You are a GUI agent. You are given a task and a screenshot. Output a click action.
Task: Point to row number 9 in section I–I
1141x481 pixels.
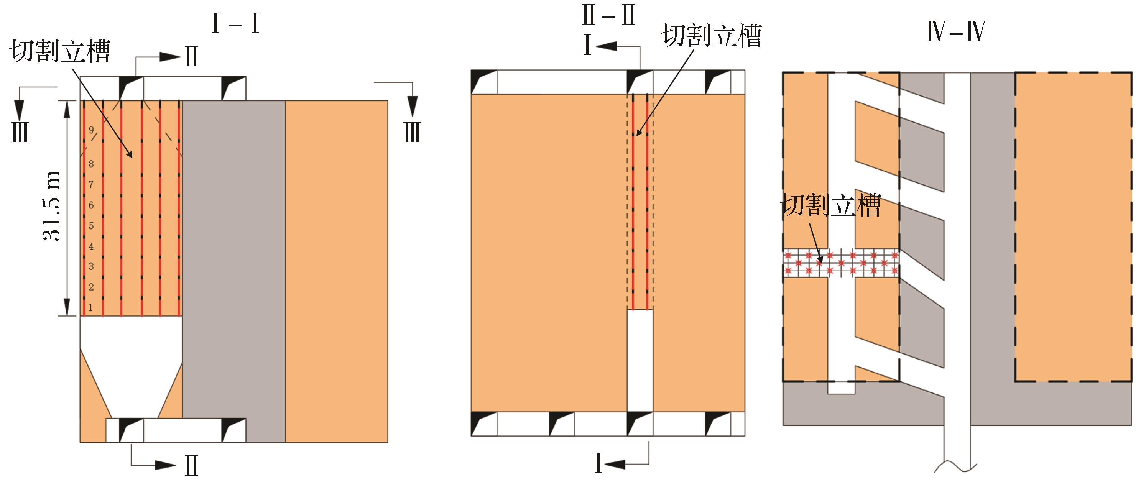91,130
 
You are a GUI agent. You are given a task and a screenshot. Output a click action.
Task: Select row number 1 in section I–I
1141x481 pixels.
91,307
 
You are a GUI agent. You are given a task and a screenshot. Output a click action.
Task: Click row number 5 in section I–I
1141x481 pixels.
91,225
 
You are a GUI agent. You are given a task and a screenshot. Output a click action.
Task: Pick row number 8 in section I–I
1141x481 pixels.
91,164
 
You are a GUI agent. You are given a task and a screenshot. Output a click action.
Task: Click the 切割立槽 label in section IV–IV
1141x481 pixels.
830,205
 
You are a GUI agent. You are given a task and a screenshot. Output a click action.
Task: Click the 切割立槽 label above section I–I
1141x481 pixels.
60,52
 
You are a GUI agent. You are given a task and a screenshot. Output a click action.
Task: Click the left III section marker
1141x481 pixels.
20,132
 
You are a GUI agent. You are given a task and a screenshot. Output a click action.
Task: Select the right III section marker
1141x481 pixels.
412,132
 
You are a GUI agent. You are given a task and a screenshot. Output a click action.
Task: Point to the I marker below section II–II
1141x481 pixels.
598,464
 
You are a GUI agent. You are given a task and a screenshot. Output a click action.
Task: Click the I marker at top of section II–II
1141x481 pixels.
588,46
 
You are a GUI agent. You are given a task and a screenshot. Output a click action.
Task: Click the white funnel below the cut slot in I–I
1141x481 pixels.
131,368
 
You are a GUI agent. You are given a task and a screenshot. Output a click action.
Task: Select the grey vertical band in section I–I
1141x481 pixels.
233,270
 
